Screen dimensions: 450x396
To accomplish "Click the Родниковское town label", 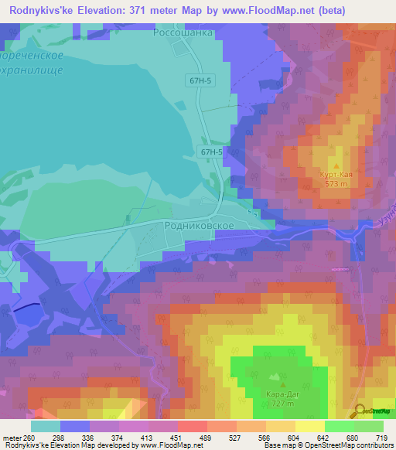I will (200, 224).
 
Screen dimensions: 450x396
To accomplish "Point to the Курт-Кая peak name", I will (336, 175).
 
